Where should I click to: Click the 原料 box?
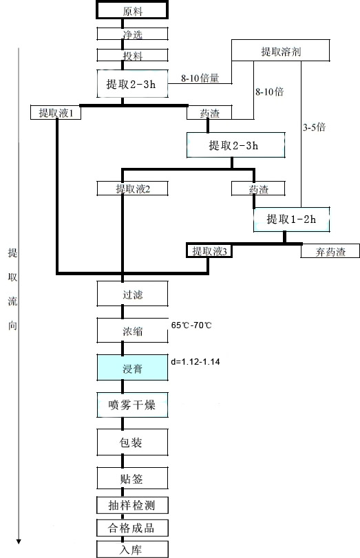[131, 10]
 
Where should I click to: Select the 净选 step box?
[132, 34]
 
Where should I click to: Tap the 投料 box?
[132, 55]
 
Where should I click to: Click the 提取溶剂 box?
[281, 50]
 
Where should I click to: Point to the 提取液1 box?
[56, 112]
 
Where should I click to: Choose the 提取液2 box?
[132, 189]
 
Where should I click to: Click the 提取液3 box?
[209, 251]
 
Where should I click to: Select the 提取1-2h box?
[291, 219]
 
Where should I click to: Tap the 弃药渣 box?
[330, 251]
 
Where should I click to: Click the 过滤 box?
[132, 294]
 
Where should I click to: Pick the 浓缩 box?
[132, 330]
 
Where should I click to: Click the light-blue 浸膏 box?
[132, 367]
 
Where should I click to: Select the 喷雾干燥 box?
[132, 405]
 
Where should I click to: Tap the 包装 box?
[132, 442]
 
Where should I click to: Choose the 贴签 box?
[132, 478]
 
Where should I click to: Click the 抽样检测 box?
[132, 505]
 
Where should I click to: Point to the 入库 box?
[132, 549]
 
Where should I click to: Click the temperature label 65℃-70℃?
[191, 325]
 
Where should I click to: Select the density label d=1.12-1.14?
[195, 362]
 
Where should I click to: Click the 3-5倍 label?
[314, 127]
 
